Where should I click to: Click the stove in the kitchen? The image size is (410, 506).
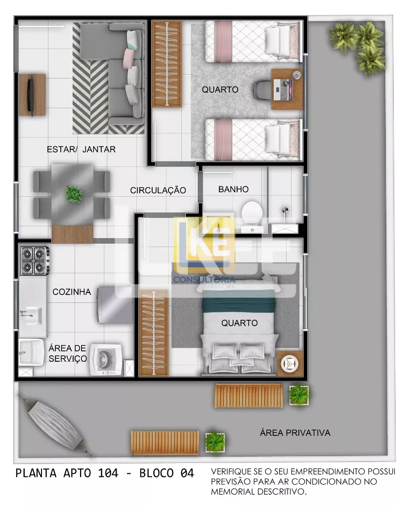(x=35, y=260)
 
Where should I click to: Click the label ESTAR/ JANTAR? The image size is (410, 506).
(x=81, y=149)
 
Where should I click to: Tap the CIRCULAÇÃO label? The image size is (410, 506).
(x=158, y=190)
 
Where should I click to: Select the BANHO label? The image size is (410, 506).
(x=233, y=189)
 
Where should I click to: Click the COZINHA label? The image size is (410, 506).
(x=72, y=292)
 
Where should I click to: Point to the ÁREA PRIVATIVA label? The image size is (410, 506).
(x=295, y=433)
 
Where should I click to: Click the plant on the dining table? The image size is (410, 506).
(x=74, y=194)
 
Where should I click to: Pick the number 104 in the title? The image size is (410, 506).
(x=108, y=473)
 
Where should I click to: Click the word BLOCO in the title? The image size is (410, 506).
(x=157, y=473)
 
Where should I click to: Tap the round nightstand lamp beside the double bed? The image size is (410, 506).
(x=289, y=364)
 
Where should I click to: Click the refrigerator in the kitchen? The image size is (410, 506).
(x=115, y=304)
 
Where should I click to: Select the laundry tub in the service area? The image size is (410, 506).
(x=31, y=352)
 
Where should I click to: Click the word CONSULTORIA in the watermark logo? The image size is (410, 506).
(x=205, y=280)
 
